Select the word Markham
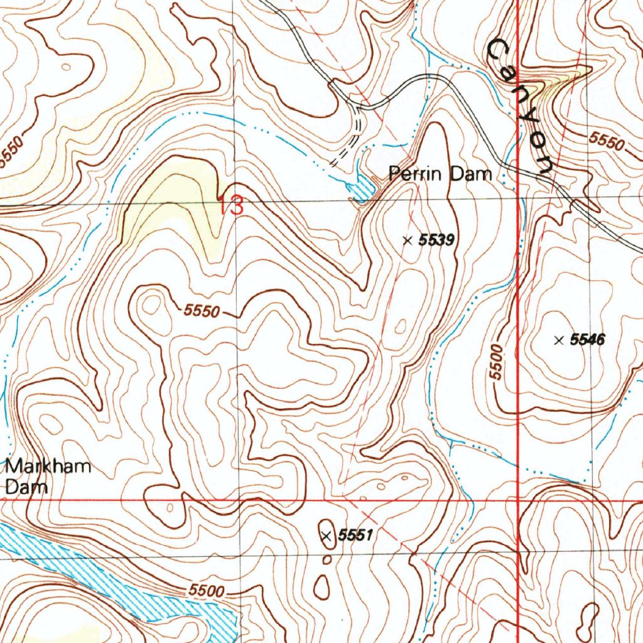pyautogui.click(x=48, y=467)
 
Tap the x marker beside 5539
pyautogui.click(x=407, y=239)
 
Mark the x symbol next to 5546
pyautogui.click(x=558, y=340)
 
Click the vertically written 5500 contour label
pyautogui.click(x=498, y=362)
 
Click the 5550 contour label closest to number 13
pyautogui.click(x=203, y=310)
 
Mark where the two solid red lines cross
pyautogui.click(x=517, y=500)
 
